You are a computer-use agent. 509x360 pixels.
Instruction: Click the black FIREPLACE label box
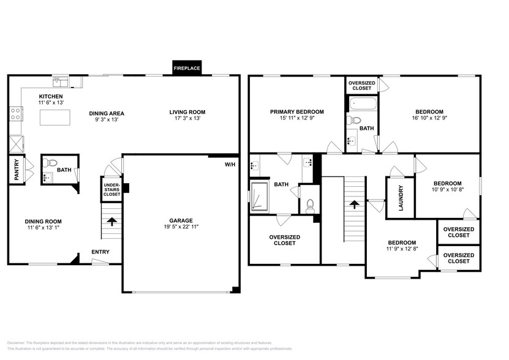coord(187,68)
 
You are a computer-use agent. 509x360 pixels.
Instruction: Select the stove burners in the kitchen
coord(15,113)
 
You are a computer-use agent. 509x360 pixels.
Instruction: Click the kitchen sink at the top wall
coord(61,81)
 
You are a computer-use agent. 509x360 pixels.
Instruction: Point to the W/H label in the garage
coord(230,164)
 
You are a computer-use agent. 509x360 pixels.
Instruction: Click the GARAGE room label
coord(181,220)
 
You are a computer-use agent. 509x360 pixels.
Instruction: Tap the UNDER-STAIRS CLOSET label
coord(111,189)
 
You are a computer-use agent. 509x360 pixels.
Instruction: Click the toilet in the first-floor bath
coord(51,163)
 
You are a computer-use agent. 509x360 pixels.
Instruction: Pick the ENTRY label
coord(100,252)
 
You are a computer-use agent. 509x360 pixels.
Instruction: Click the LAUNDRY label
coord(401,197)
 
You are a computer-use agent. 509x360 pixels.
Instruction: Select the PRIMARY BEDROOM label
coord(297,112)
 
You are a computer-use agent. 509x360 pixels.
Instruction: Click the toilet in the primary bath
coord(310,204)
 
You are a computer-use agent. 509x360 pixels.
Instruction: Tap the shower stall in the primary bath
coord(260,196)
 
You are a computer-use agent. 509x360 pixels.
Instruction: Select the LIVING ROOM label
coord(187,112)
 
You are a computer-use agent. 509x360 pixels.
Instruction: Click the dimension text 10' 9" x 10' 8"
coord(447,190)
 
